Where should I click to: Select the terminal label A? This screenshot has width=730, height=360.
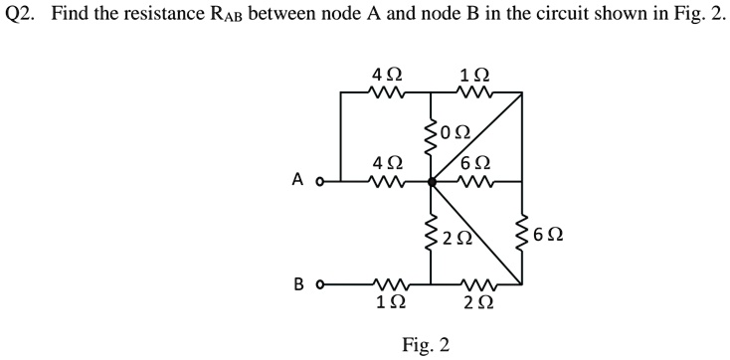297,181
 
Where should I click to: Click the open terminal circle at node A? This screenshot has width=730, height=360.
318,182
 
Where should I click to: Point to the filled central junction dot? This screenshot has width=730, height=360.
431,182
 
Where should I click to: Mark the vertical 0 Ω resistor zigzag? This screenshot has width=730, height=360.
431,136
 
